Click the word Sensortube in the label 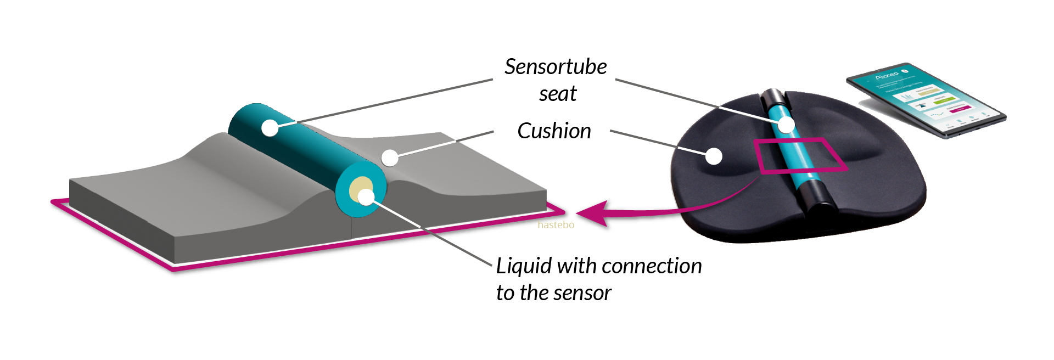pyautogui.click(x=555, y=67)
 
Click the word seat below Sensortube pyautogui.click(x=557, y=94)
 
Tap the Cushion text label pyautogui.click(x=554, y=131)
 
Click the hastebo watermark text pyautogui.click(x=556, y=225)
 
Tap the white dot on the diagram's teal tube pyautogui.click(x=270, y=128)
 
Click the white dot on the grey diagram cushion pyautogui.click(x=389, y=158)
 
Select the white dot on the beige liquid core pyautogui.click(x=366, y=196)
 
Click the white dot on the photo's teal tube pyautogui.click(x=786, y=125)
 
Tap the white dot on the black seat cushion pyautogui.click(x=713, y=156)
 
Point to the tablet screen pyautogui.click(x=928, y=99)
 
